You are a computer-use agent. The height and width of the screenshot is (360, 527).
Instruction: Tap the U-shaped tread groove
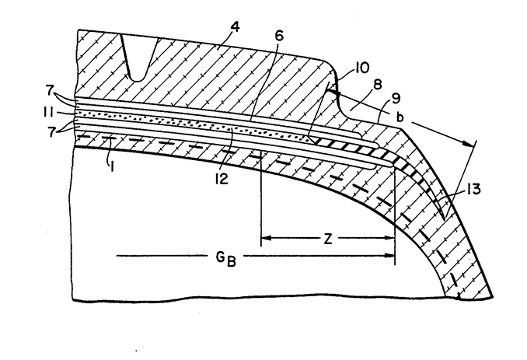pos(138,61)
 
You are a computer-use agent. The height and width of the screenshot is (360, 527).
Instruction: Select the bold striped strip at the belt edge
pos(350,144)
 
